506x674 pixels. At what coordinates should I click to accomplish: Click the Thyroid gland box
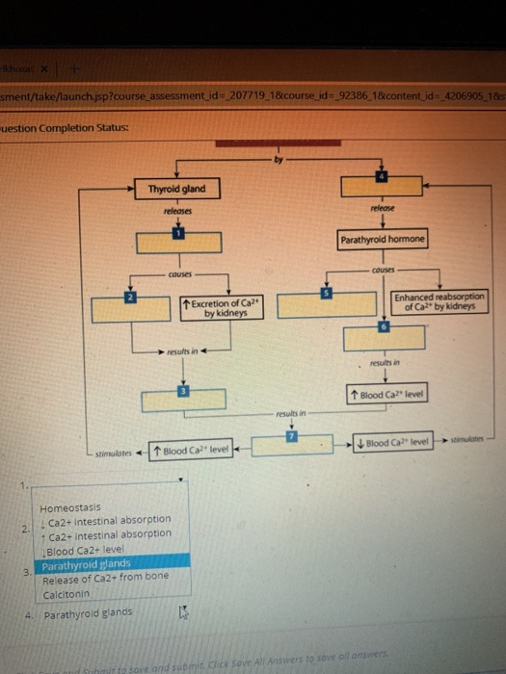click(177, 189)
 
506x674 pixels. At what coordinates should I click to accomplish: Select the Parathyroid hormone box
click(382, 239)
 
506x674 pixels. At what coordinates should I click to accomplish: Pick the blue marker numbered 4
click(382, 176)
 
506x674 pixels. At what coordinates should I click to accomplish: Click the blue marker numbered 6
click(384, 327)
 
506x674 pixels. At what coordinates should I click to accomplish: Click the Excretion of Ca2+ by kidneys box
click(220, 309)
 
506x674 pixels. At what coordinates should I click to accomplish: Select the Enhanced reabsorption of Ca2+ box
click(440, 302)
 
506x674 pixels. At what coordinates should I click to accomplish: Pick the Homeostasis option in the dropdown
click(68, 506)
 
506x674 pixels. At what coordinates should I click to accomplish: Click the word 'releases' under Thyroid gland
click(177, 209)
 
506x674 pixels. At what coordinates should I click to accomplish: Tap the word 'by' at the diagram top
click(280, 161)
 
